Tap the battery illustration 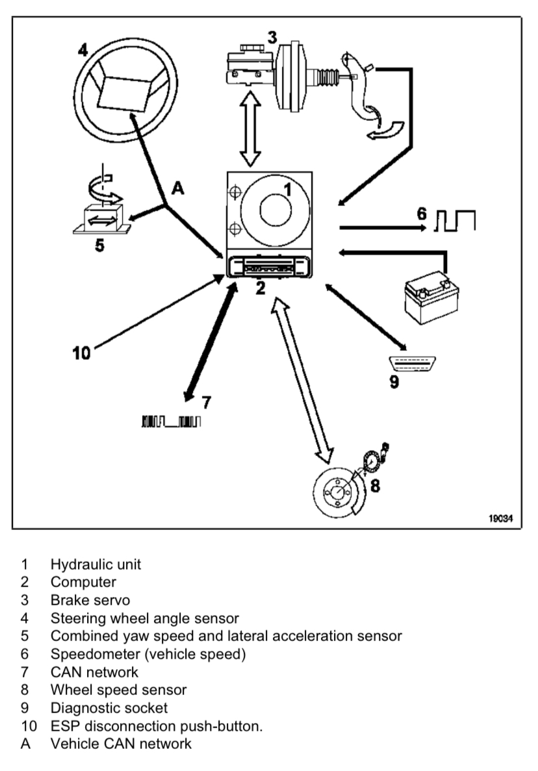click(426, 296)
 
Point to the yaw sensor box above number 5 click(101, 218)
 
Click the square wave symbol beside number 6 click(455, 221)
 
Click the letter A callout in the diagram click(178, 189)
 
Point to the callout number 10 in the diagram click(82, 353)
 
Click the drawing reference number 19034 click(500, 520)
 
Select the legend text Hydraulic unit click(96, 564)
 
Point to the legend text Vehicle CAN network click(121, 743)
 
